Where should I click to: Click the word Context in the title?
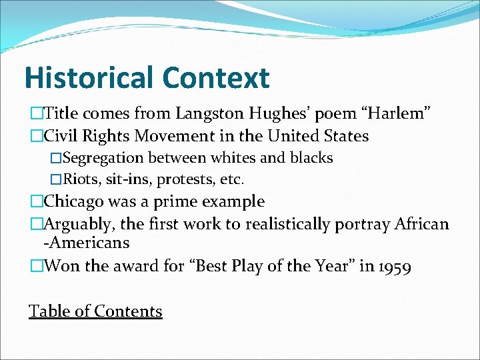point(215,77)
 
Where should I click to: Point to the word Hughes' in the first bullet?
point(265,114)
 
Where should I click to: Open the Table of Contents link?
point(95,311)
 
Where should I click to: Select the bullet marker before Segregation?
point(56,158)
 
